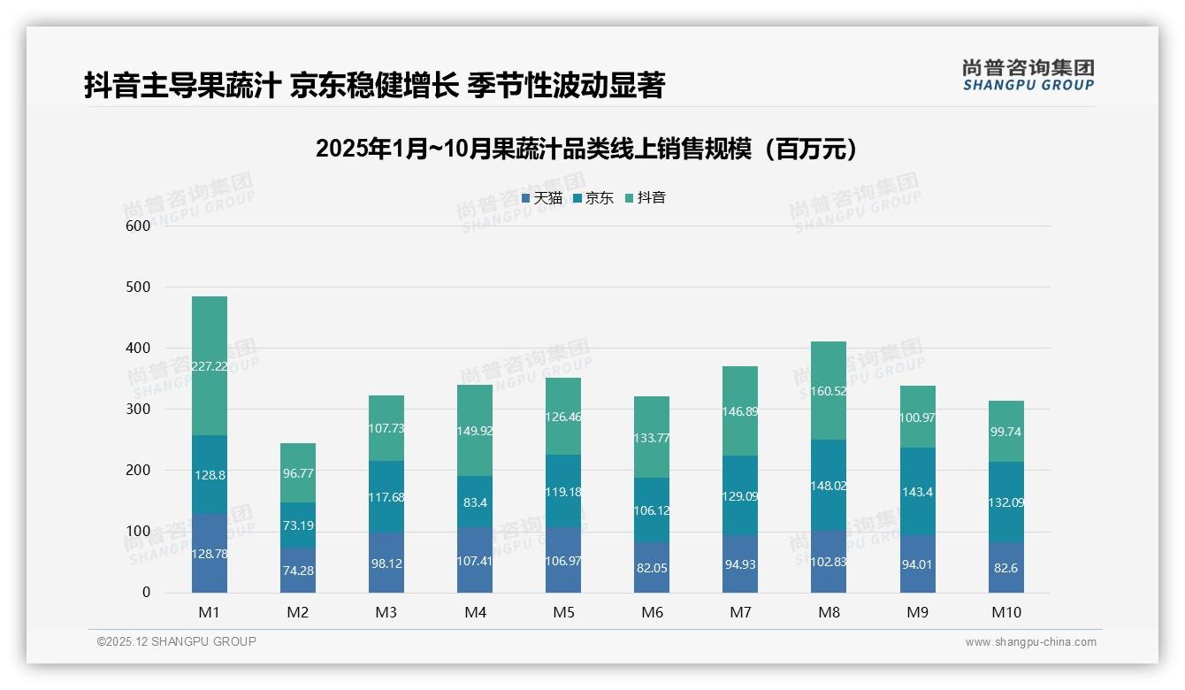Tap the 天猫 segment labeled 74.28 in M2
coord(298,571)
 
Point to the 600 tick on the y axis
coord(138,226)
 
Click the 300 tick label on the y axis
coord(138,410)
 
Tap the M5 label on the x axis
coord(563,612)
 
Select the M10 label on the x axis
coord(1006,612)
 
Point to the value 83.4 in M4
coord(475,502)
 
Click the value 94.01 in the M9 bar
coord(917,564)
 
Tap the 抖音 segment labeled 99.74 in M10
coord(1006,432)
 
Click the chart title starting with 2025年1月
coord(586,149)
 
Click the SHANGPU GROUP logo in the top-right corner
coord(1028,75)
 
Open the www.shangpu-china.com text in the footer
coord(1030,642)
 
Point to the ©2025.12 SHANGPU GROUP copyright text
coord(177,641)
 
